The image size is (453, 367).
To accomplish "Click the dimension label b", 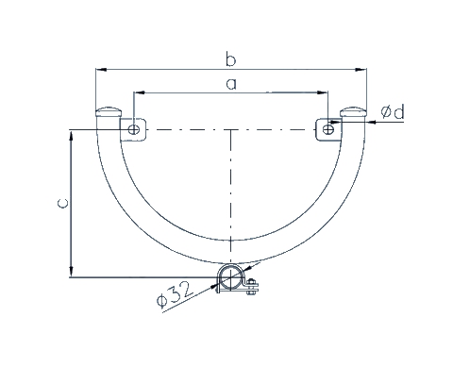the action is point(230,59).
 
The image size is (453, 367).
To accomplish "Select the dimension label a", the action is point(231,84).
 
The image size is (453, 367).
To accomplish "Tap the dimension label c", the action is point(62,203).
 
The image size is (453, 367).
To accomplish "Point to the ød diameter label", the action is point(393,112).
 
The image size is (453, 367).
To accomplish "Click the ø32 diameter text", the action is point(174,294).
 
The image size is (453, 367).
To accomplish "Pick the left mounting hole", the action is point(134,129).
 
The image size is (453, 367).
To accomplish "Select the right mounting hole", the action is point(328,129).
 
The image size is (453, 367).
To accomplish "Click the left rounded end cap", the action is point(109,111).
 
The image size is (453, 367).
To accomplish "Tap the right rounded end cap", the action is point(354,111).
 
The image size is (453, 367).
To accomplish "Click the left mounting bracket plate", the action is point(133,130).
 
